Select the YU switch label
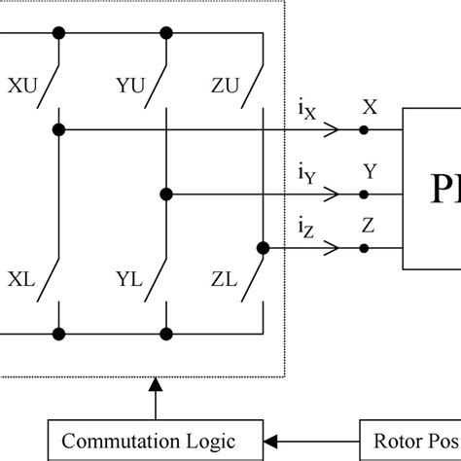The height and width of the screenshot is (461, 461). [130, 85]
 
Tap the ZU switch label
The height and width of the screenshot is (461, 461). [227, 85]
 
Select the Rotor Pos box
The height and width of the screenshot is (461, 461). [409, 440]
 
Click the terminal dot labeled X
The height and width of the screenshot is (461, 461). [364, 129]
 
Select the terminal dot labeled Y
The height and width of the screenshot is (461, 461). [364, 193]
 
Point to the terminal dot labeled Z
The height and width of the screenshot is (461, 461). [364, 248]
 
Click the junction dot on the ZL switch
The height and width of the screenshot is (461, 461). [263, 247]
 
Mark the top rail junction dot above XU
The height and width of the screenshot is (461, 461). [59, 34]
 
